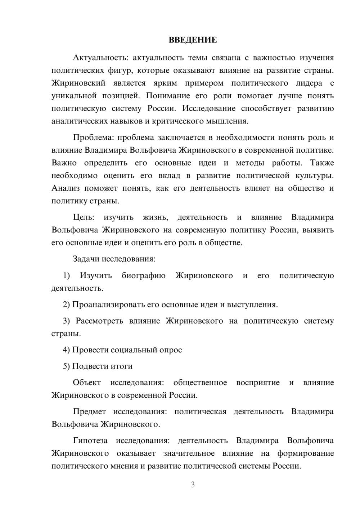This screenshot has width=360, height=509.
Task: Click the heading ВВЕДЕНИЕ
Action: tap(193, 40)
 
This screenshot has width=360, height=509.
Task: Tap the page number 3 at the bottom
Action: tap(193, 485)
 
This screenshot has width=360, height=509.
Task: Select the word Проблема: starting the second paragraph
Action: tap(93, 138)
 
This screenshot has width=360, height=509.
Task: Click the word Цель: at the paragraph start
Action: tap(84, 217)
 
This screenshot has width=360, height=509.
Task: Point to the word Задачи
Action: tap(86, 259)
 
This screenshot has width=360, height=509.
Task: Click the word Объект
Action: tap(87, 383)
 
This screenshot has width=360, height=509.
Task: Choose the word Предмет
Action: tap(89, 411)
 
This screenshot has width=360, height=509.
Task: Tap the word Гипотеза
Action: tap(90, 441)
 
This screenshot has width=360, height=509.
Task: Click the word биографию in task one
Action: tap(144, 276)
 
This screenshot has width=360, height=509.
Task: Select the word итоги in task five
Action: tap(121, 366)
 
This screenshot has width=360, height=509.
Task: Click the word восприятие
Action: tap(258, 383)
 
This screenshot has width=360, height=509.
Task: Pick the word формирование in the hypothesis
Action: tap(305, 453)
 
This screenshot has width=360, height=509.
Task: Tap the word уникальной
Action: tap(74, 96)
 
